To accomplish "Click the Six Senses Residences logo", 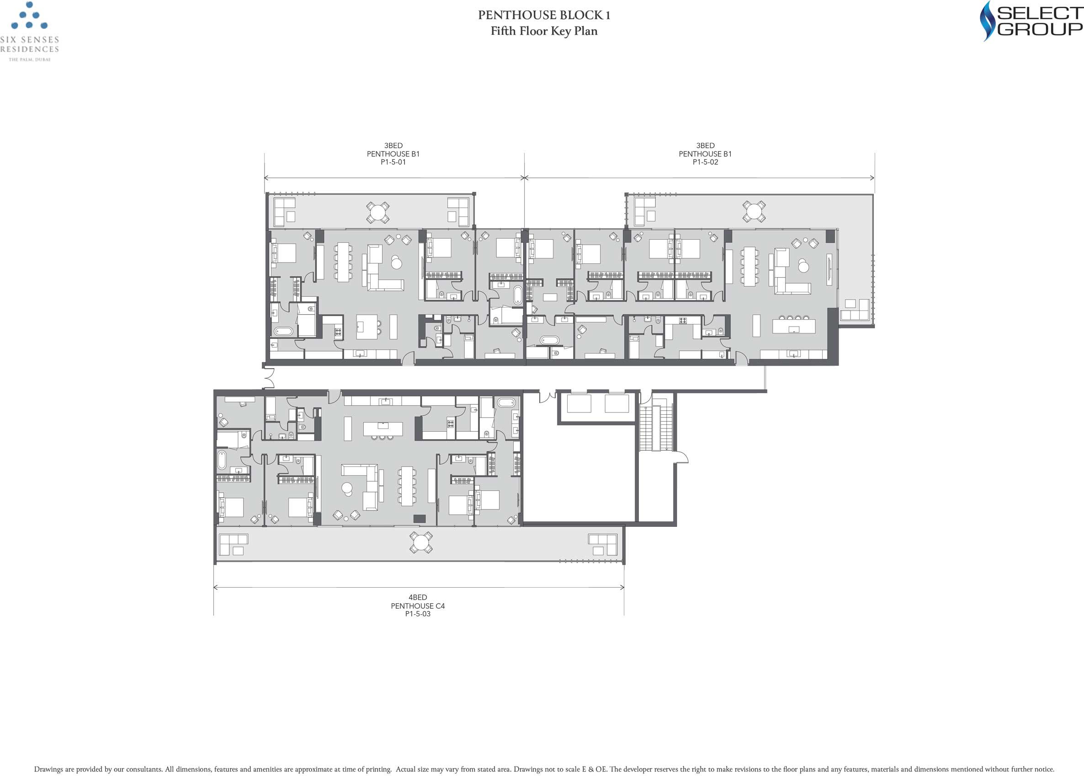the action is click(x=30, y=32).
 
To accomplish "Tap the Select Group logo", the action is click(x=1031, y=21).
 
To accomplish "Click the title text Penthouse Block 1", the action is click(x=544, y=15).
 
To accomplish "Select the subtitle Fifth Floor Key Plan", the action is click(x=544, y=31).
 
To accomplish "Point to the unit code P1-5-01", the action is click(x=393, y=162).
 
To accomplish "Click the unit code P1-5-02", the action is click(x=706, y=162).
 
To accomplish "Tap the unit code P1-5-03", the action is click(x=418, y=614).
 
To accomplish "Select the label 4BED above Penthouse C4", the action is click(x=418, y=597).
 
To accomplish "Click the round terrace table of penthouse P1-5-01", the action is click(x=377, y=212).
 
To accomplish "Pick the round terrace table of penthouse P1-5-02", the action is click(x=754, y=211).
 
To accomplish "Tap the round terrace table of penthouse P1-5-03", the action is click(x=421, y=543).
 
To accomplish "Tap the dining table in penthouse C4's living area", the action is click(x=407, y=486).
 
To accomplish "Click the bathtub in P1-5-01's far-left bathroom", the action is click(x=283, y=331).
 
